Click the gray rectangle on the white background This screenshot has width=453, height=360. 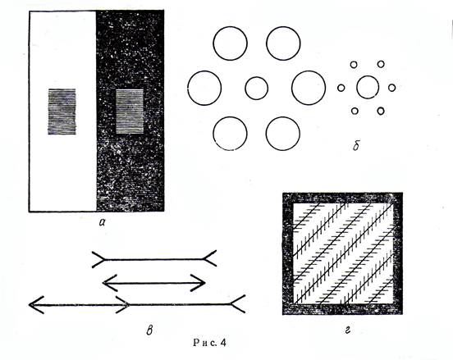tap(62, 112)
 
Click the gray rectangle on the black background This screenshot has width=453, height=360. tap(130, 112)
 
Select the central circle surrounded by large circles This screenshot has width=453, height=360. tap(257, 88)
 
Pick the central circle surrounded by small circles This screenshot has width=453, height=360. tap(368, 87)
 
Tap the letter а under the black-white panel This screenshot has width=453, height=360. tap(102, 221)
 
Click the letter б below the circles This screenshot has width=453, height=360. tap(356, 145)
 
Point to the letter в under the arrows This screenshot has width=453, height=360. tap(149, 330)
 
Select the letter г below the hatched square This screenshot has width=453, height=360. tap(348, 330)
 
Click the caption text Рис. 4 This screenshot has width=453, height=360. tap(209, 343)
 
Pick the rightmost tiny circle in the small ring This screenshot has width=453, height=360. tap(391, 88)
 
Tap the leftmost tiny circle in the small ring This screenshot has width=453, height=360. tap(341, 88)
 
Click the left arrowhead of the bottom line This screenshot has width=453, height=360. tap(36, 304)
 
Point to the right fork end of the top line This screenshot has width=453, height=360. tap(209, 258)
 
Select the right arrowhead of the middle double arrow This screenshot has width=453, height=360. tap(199, 283)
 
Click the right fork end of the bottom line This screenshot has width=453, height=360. tap(238, 303)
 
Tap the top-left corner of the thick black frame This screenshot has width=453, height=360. tap(283, 193)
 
